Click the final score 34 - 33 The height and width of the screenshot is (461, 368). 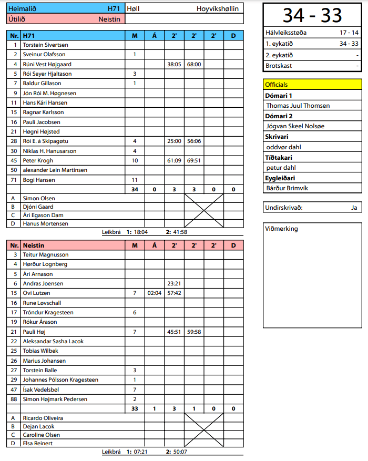[x=312, y=15]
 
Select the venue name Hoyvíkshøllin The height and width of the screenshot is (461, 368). [x=217, y=9]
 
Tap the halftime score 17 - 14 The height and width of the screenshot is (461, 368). [x=349, y=33]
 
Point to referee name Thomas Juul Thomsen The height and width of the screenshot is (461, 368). [x=298, y=106]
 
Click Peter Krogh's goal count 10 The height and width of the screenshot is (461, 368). [x=135, y=161]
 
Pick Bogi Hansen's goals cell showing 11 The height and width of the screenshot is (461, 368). [x=135, y=180]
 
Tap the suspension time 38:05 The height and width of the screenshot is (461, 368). [x=174, y=64]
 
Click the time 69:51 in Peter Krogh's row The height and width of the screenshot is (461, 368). [x=194, y=161]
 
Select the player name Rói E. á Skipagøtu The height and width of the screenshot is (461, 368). [x=46, y=141]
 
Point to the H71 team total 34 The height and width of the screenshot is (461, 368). [x=135, y=190]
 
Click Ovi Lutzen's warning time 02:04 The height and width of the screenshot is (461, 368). [x=155, y=293]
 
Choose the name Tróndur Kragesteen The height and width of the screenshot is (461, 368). [x=48, y=313]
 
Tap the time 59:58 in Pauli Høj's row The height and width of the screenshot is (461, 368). [x=194, y=332]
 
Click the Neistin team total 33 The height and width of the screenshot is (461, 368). [x=135, y=409]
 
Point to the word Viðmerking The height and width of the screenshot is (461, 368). [x=282, y=229]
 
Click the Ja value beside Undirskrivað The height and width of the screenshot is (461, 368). [x=354, y=208]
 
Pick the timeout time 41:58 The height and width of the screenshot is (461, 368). [x=180, y=232]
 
